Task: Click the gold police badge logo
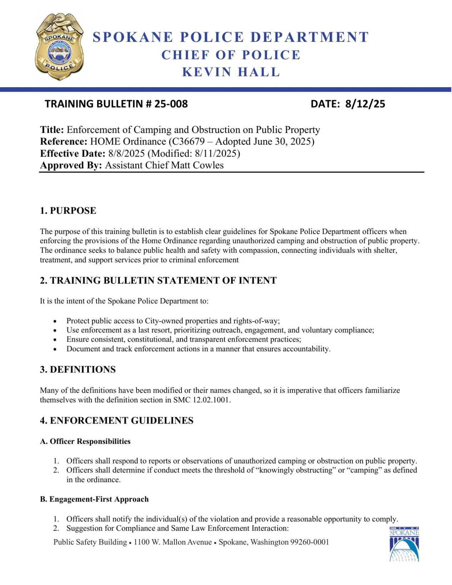pos(59,46)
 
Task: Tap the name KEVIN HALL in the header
pos(231,72)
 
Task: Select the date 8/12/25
pos(365,104)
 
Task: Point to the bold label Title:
pos(52,130)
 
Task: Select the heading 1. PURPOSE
pos(68,210)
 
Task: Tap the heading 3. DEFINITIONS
pos(78,370)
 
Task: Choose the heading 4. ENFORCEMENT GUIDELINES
pos(116,421)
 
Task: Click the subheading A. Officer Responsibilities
pos(85,441)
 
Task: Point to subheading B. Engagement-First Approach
pos(94,499)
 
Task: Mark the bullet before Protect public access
pos(55,321)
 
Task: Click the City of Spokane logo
pos(404,544)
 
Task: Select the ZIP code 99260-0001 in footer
pos(309,542)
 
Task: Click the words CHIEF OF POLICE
pos(231,55)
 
